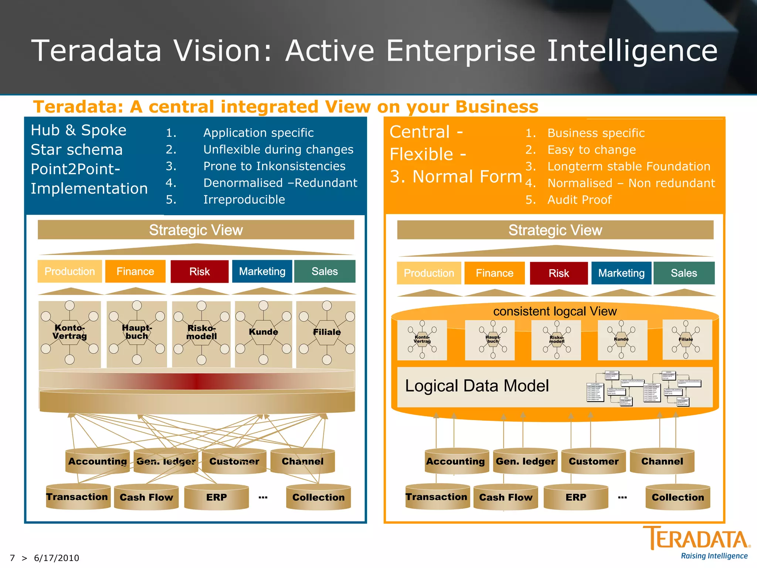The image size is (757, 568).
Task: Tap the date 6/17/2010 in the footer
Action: [x=57, y=558]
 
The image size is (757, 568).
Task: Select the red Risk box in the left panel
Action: [x=200, y=271]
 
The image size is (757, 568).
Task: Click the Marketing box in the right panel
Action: [x=621, y=273]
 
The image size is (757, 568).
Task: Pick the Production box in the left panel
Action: [x=69, y=271]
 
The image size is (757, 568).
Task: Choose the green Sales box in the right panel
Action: [x=684, y=273]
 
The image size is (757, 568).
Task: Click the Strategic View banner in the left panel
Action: [x=196, y=230]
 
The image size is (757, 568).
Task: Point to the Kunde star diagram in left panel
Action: [x=263, y=332]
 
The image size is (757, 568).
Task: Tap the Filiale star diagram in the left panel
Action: [x=326, y=332]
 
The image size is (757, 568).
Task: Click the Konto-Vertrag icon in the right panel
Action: [x=422, y=339]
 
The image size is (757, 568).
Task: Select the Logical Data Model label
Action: [x=477, y=386]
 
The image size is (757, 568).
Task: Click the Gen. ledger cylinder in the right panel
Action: [x=525, y=461]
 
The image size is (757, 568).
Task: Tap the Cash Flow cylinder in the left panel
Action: [x=146, y=497]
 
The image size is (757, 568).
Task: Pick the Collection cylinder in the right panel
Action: [x=678, y=497]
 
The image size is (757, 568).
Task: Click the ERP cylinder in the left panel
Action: [x=217, y=497]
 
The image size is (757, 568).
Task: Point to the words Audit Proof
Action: [x=579, y=200]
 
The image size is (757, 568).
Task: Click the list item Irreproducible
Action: [x=244, y=200]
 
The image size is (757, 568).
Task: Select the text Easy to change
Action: [x=591, y=150]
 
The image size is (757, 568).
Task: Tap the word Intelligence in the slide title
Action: [x=632, y=51]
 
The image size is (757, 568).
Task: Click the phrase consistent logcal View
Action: [x=555, y=311]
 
